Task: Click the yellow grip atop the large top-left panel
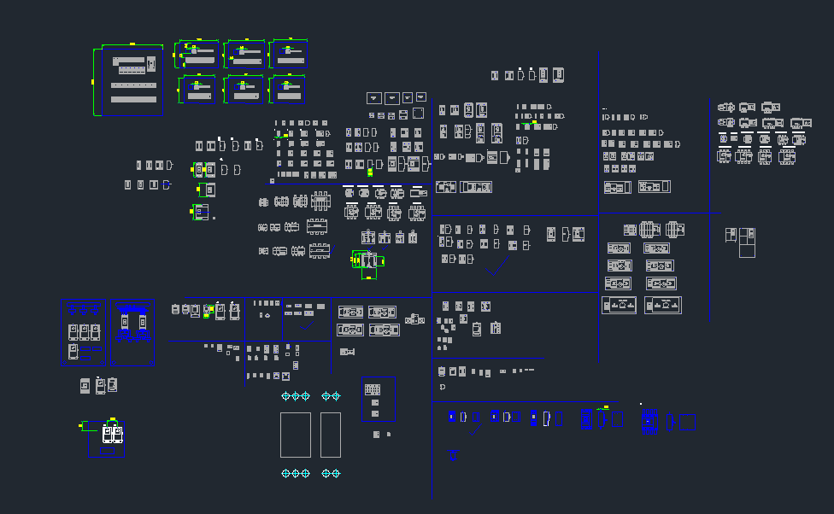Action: [132, 43]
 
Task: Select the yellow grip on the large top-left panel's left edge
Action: [92, 82]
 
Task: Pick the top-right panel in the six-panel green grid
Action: [289, 54]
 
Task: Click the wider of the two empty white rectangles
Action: [295, 435]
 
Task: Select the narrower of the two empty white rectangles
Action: [331, 435]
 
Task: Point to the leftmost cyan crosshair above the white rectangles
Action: [286, 396]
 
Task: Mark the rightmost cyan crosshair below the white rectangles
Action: [336, 473]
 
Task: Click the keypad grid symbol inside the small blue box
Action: [373, 389]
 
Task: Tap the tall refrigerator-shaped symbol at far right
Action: [747, 242]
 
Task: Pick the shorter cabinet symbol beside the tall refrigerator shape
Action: [731, 235]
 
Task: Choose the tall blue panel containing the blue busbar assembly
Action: [132, 332]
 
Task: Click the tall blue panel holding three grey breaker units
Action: [84, 332]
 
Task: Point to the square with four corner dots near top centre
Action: [418, 114]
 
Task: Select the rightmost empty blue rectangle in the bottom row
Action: [687, 422]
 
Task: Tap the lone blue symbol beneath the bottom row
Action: [453, 456]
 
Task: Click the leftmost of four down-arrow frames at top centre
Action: [373, 98]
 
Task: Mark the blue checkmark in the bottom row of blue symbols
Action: [477, 429]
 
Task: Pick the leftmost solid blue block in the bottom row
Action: [452, 417]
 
